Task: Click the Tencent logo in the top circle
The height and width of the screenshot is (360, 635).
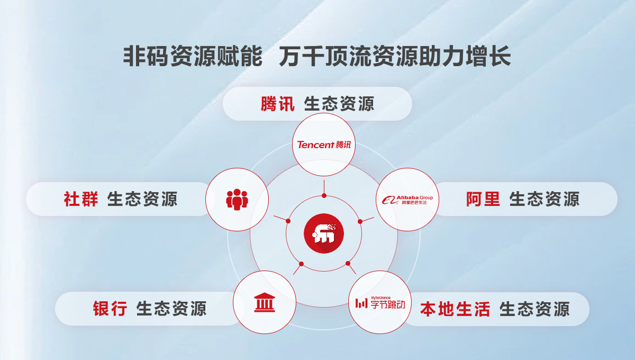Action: (x=324, y=145)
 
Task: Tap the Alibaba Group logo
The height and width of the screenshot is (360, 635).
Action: (x=407, y=200)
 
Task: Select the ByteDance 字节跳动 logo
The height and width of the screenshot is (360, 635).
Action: (x=380, y=303)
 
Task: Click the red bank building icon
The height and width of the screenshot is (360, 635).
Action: (x=265, y=302)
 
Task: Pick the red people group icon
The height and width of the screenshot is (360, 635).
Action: (x=237, y=200)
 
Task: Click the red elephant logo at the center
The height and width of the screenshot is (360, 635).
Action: (x=324, y=233)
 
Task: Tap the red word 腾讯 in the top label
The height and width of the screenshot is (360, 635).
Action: (x=277, y=104)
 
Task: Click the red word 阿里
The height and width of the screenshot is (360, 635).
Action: (x=483, y=199)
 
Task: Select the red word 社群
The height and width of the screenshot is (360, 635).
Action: (x=81, y=199)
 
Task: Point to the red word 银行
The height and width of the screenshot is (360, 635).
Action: (x=110, y=308)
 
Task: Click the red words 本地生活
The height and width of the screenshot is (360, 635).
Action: (x=455, y=309)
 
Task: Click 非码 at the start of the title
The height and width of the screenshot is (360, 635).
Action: (x=146, y=56)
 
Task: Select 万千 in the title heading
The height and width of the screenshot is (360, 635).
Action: (x=302, y=56)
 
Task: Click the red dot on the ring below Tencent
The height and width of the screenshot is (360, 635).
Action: (x=324, y=195)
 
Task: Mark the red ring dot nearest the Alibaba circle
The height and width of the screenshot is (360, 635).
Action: (x=360, y=221)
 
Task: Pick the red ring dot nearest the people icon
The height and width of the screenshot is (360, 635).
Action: (x=288, y=221)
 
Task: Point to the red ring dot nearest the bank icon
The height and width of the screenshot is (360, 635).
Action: (x=301, y=264)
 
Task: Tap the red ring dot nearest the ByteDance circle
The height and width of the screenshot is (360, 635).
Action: (x=348, y=264)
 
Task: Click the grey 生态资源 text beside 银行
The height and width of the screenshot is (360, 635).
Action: (x=171, y=308)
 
